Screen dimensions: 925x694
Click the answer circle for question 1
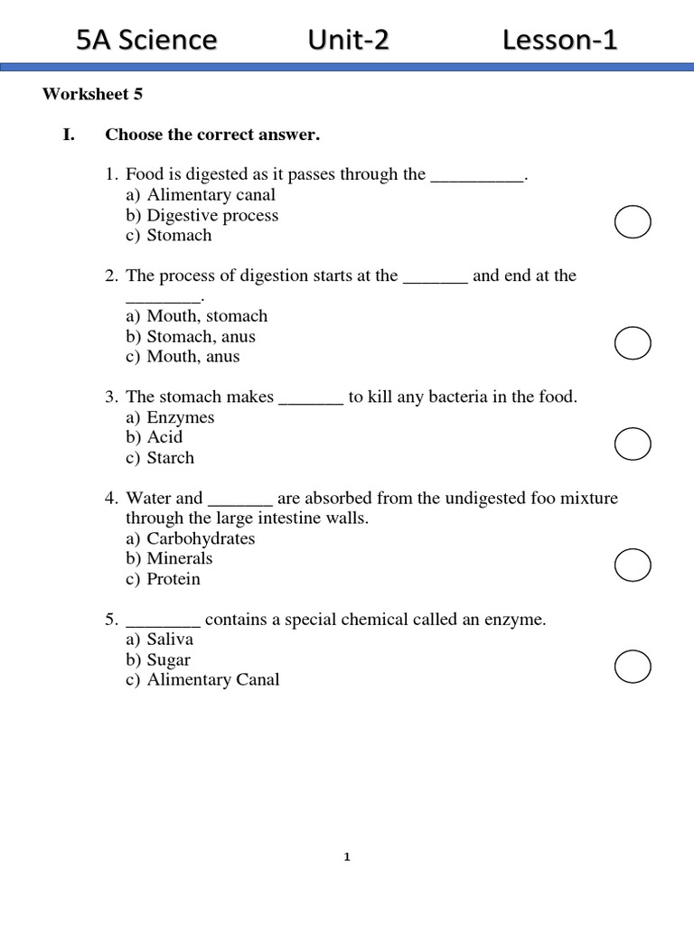(x=633, y=221)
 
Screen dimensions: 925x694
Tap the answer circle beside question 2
(x=633, y=342)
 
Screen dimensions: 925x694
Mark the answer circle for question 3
(x=633, y=444)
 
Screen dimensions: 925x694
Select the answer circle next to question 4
(x=633, y=565)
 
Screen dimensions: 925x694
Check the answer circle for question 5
(x=633, y=666)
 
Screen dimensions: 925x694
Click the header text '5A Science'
(x=147, y=40)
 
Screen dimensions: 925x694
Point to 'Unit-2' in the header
(x=348, y=40)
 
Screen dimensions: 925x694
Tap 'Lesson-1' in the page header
(x=560, y=40)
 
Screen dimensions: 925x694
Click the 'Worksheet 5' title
(x=92, y=94)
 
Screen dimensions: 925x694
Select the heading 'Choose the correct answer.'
(x=212, y=135)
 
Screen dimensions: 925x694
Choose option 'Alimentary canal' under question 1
(x=211, y=194)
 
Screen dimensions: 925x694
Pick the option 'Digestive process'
(x=212, y=215)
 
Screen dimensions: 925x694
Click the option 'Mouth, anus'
(x=193, y=356)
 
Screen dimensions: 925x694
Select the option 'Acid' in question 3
(x=164, y=437)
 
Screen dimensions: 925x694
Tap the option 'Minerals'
(x=180, y=558)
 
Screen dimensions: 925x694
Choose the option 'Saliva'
(x=170, y=640)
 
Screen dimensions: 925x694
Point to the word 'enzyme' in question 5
(x=517, y=620)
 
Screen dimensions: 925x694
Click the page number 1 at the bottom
(x=347, y=857)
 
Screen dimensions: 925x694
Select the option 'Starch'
(x=171, y=457)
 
